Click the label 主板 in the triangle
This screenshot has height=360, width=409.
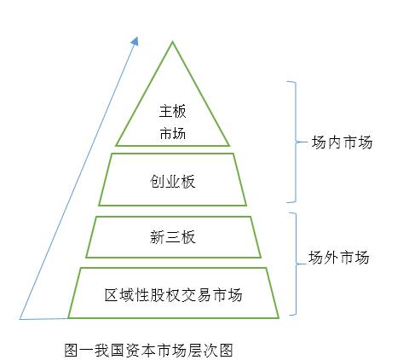click(x=172, y=111)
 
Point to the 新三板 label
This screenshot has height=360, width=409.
click(x=172, y=236)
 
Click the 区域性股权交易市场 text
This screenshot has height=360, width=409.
click(x=173, y=295)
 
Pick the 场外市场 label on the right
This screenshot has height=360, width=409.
click(x=339, y=256)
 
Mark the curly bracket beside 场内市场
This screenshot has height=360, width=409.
click(x=292, y=141)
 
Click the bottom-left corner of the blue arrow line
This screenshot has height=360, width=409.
click(x=20, y=319)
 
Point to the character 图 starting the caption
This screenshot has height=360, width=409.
click(x=71, y=350)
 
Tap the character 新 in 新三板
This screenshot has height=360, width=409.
click(x=157, y=236)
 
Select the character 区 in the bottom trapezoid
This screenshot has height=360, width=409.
click(x=111, y=295)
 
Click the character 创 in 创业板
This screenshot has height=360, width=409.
click(x=157, y=183)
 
